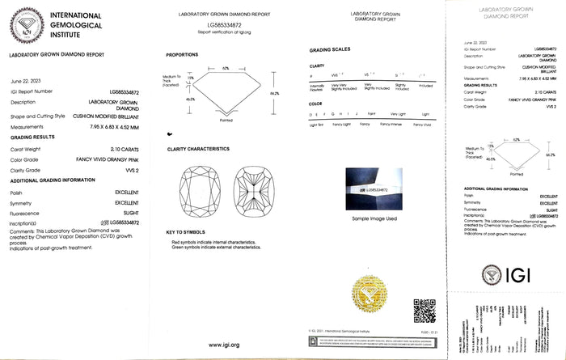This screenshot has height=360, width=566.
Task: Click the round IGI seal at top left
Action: (23, 23)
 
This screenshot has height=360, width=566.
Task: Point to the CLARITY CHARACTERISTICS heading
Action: (204, 149)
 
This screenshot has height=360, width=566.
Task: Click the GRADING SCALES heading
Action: (328, 49)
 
